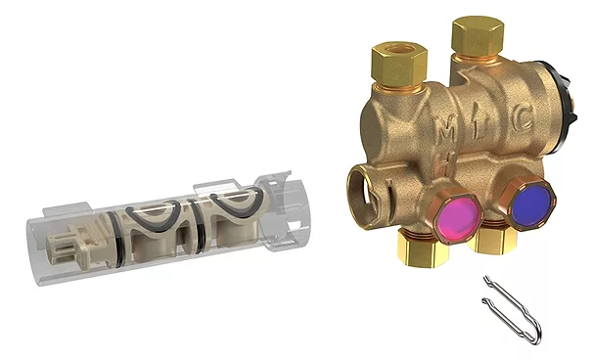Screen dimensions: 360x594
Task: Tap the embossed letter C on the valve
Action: point(524,125)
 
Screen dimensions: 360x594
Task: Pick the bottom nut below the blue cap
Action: point(494,242)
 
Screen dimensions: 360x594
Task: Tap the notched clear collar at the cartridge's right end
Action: point(289,205)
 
